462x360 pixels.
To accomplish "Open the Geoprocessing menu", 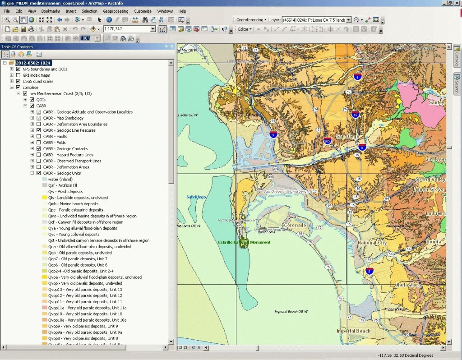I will pyautogui.click(x=115, y=11).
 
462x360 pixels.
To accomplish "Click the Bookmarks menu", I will pyautogui.click(x=50, y=11).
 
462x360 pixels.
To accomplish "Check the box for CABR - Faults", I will pyautogui.click(x=39, y=136).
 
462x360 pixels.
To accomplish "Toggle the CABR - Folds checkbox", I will pyautogui.click(x=39, y=143).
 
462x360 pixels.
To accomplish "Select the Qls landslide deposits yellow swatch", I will pyautogui.click(x=45, y=198).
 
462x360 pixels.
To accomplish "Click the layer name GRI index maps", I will pyautogui.click(x=36, y=75).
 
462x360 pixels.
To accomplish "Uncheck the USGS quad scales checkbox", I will pyautogui.click(x=18, y=81).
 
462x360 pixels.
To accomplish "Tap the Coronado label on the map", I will pyautogui.click(x=295, y=225).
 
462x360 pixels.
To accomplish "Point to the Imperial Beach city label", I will pyautogui.click(x=353, y=331).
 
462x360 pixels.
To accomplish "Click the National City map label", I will pyautogui.click(x=372, y=243).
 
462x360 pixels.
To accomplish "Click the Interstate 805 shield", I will pyautogui.click(x=328, y=141).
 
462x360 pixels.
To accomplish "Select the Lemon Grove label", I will pyautogui.click(x=429, y=189).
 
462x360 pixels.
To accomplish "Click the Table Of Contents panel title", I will pyautogui.click(x=17, y=47).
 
